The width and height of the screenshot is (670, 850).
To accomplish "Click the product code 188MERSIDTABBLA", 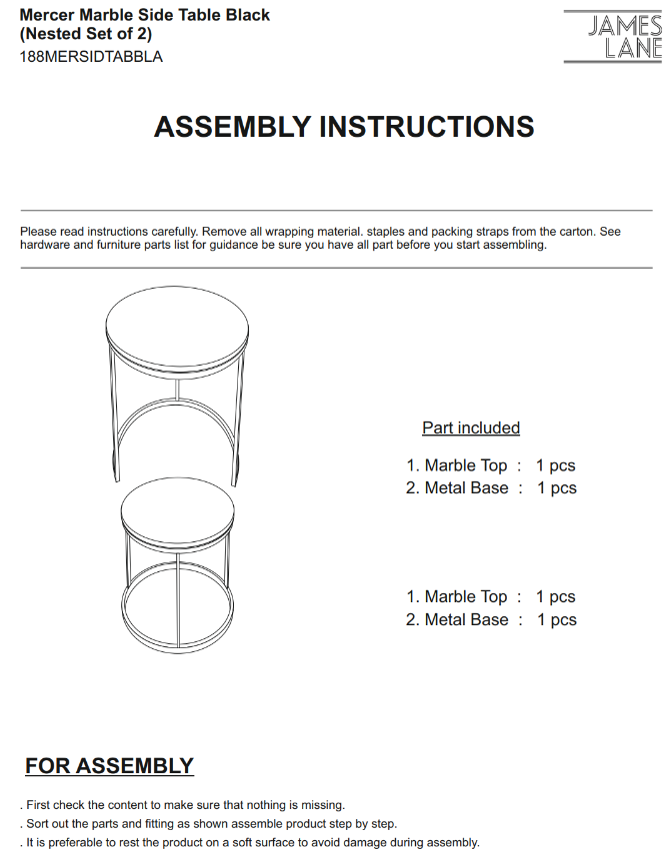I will tap(91, 57).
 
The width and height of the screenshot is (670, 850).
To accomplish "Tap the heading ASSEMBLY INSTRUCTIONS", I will tap(344, 127).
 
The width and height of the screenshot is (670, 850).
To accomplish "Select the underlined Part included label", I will tap(471, 427).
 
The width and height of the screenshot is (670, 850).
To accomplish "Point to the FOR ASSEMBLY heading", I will tap(109, 766).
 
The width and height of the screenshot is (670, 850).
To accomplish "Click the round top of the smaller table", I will tap(177, 509).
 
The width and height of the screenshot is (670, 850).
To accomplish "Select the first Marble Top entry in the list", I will tap(466, 465).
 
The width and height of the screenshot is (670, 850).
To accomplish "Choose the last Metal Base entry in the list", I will tap(467, 619).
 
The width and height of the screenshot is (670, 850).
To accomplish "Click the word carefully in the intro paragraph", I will tap(156, 231).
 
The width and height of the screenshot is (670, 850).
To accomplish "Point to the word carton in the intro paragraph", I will tap(572, 231).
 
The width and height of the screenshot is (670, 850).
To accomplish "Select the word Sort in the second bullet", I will tap(39, 824).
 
